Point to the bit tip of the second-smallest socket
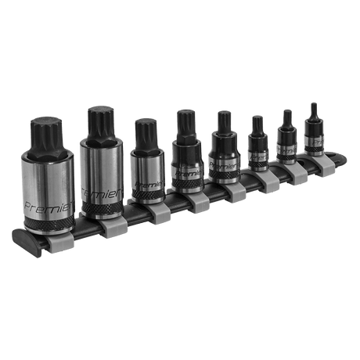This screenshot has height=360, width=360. click(x=286, y=117)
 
